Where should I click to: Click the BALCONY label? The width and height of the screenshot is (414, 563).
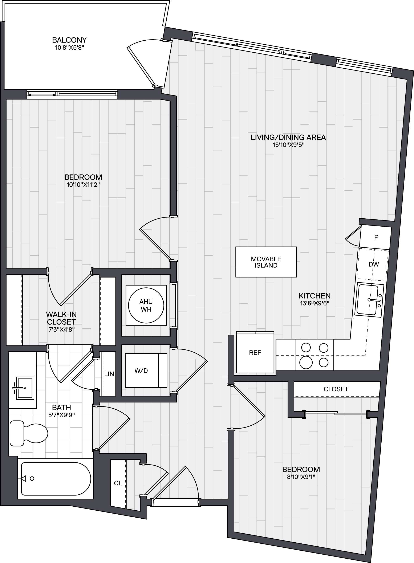pos(69,40)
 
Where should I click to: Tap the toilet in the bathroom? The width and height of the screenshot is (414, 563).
pos(29,433)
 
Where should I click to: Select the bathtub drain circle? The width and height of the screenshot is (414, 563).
pos(32,478)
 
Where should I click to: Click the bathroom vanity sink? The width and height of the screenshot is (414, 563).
pos(25,388)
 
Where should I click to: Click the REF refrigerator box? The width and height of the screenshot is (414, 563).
pos(255,352)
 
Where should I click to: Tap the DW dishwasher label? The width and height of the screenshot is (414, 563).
pos(374,264)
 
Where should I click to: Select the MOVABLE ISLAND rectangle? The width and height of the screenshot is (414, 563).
pos(266,262)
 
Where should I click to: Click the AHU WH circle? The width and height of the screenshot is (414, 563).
pos(146,305)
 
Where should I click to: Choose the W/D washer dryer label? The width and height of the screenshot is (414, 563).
pos(141,371)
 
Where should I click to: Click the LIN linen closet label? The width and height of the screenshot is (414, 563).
pos(109,374)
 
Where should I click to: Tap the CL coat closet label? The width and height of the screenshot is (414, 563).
pos(118,483)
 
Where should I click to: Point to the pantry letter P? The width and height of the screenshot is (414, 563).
pos(376,237)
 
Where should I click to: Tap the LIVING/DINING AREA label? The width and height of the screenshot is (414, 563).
pos(288,137)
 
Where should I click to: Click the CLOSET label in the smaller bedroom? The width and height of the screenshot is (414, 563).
pos(336,389)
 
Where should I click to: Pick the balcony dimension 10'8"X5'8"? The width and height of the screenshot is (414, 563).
pos(69,48)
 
